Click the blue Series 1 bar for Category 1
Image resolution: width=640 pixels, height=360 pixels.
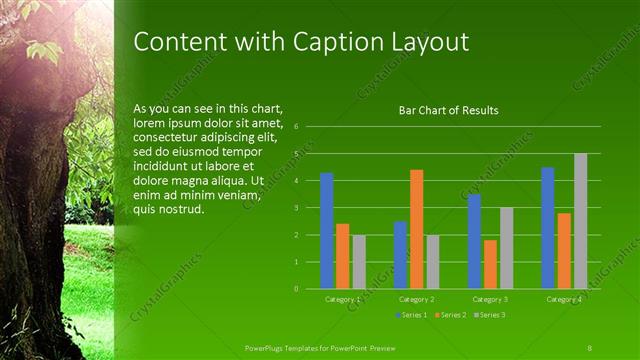(x=326, y=231)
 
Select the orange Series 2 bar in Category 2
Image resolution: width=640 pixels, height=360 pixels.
(x=416, y=229)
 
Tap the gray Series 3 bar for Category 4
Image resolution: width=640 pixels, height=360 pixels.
(x=580, y=221)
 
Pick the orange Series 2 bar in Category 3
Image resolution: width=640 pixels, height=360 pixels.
(x=490, y=264)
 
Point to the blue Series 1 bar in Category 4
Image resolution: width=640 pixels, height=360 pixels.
(x=548, y=228)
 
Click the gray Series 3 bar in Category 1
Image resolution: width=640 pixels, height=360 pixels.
(x=359, y=262)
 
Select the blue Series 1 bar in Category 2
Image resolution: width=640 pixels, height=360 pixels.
(x=400, y=255)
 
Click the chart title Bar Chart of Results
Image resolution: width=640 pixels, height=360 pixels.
(x=449, y=110)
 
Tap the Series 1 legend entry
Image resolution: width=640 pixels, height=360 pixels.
(x=412, y=315)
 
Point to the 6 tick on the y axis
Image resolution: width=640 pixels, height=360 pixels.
(x=296, y=127)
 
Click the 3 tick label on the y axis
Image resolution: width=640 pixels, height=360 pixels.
(x=296, y=208)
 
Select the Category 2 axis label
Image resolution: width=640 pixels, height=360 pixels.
(x=416, y=299)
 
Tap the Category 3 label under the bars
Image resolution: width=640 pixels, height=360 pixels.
(x=490, y=299)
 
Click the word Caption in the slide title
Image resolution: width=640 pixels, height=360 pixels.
(x=329, y=42)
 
